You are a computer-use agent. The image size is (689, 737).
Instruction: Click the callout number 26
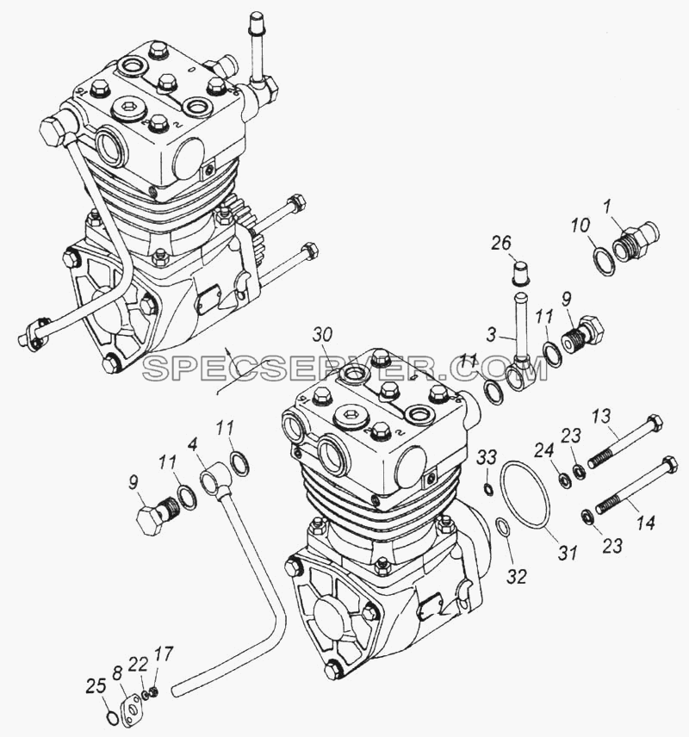click(x=501, y=244)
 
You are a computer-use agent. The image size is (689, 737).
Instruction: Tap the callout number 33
click(x=487, y=456)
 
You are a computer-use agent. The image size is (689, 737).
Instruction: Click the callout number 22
click(x=139, y=665)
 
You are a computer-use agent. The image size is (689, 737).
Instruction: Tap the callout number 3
click(x=491, y=336)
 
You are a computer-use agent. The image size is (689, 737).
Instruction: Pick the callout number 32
click(x=517, y=576)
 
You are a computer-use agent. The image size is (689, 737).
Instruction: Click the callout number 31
click(x=568, y=552)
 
